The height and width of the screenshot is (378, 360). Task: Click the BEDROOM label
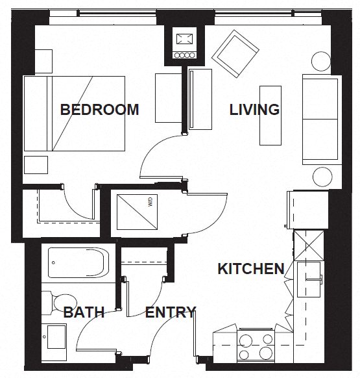(99, 109)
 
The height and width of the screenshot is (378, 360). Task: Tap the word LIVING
(254, 109)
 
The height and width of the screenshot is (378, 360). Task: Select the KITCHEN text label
(250, 268)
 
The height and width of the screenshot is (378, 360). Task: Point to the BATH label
(84, 312)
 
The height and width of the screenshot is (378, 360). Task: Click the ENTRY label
(170, 312)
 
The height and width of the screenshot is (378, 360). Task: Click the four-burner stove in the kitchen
(256, 346)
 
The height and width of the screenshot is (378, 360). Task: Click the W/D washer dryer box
(137, 212)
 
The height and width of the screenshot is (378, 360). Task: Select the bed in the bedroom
(74, 113)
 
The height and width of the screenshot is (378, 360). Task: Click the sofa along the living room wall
(320, 119)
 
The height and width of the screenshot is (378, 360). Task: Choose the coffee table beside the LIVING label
(270, 115)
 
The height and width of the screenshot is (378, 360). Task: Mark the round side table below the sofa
(322, 177)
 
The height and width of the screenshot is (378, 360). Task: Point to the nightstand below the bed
(36, 164)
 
